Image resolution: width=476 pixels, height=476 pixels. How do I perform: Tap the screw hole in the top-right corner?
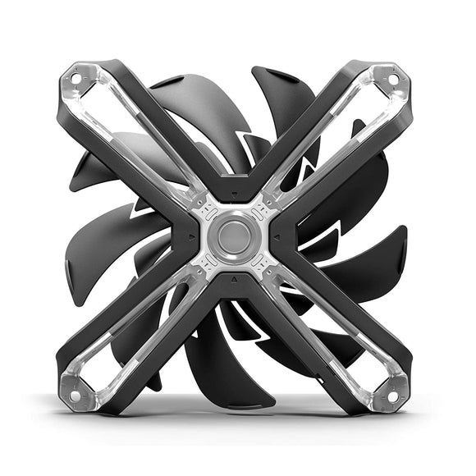pyautogui.click(x=392, y=79)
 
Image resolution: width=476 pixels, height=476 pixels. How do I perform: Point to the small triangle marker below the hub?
pyautogui.click(x=235, y=278)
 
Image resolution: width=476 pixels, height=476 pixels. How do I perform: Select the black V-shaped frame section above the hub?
pyautogui.click(x=235, y=176)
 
